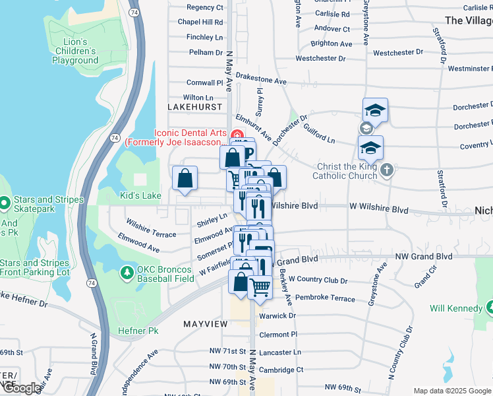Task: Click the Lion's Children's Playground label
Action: coord(75,51)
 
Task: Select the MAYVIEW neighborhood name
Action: coord(205,324)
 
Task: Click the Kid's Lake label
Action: coord(140,196)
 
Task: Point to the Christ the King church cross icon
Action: coord(387,170)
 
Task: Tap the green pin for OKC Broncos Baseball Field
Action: coord(125,272)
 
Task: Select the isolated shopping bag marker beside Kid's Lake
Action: coord(185,178)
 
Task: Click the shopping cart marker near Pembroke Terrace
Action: coord(260,288)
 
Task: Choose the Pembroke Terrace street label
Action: coord(325,299)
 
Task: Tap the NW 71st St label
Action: coord(227,352)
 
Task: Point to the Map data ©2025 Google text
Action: coord(451,391)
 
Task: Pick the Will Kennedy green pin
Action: coord(490,307)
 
